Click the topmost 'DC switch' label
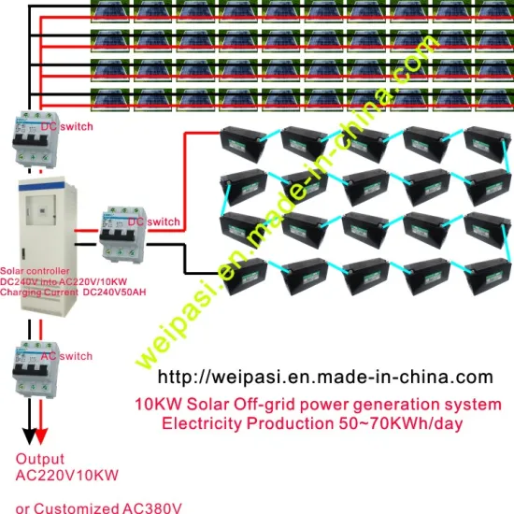coord(66,125)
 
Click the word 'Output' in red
coord(40,460)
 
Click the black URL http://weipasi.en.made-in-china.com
coord(322,378)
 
